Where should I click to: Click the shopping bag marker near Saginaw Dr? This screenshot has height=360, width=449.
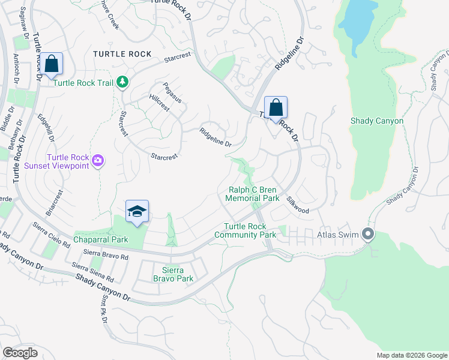[x=52, y=64]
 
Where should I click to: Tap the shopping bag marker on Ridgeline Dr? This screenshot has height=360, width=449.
[x=276, y=108]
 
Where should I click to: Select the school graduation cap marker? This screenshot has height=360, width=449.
[x=137, y=212]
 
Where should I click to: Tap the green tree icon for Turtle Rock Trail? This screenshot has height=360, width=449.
[x=122, y=82]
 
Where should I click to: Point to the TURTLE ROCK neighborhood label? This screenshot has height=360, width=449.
[x=122, y=54]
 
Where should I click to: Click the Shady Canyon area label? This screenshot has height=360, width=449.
[x=376, y=121]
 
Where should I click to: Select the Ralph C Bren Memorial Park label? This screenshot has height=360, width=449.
[x=253, y=193]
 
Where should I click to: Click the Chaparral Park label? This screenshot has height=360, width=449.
[x=101, y=239]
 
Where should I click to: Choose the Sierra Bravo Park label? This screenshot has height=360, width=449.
[x=173, y=274]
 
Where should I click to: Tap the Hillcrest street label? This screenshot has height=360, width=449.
[x=159, y=103]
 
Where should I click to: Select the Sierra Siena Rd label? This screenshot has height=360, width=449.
[x=92, y=272]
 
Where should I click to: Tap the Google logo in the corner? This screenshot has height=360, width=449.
[x=20, y=352]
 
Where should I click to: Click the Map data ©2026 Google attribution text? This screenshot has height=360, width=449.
[x=411, y=355]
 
